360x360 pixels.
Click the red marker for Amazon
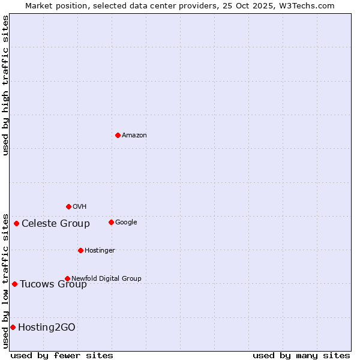coord(118,135)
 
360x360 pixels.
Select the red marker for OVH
coord(68,206)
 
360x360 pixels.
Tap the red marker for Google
coord(111,222)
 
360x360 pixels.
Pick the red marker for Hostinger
coord(80,250)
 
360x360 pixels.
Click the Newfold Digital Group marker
coord(67,278)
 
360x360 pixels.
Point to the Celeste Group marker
coord(16,223)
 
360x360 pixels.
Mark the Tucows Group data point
coord(14,284)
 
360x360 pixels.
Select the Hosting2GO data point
coord(13,327)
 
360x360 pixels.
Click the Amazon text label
coord(134,136)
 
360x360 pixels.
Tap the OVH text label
coord(80,207)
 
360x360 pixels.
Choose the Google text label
coord(126,223)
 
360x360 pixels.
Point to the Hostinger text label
coord(100,251)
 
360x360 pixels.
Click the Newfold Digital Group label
coord(106,278)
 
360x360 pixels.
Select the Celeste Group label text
coord(56,224)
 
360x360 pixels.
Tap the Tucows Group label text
coord(53,284)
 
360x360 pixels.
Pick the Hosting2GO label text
coord(47,328)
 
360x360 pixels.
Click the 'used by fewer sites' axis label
coord(62,355)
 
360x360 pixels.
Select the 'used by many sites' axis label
coord(301,355)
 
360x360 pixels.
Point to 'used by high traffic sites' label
coord(5,86)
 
